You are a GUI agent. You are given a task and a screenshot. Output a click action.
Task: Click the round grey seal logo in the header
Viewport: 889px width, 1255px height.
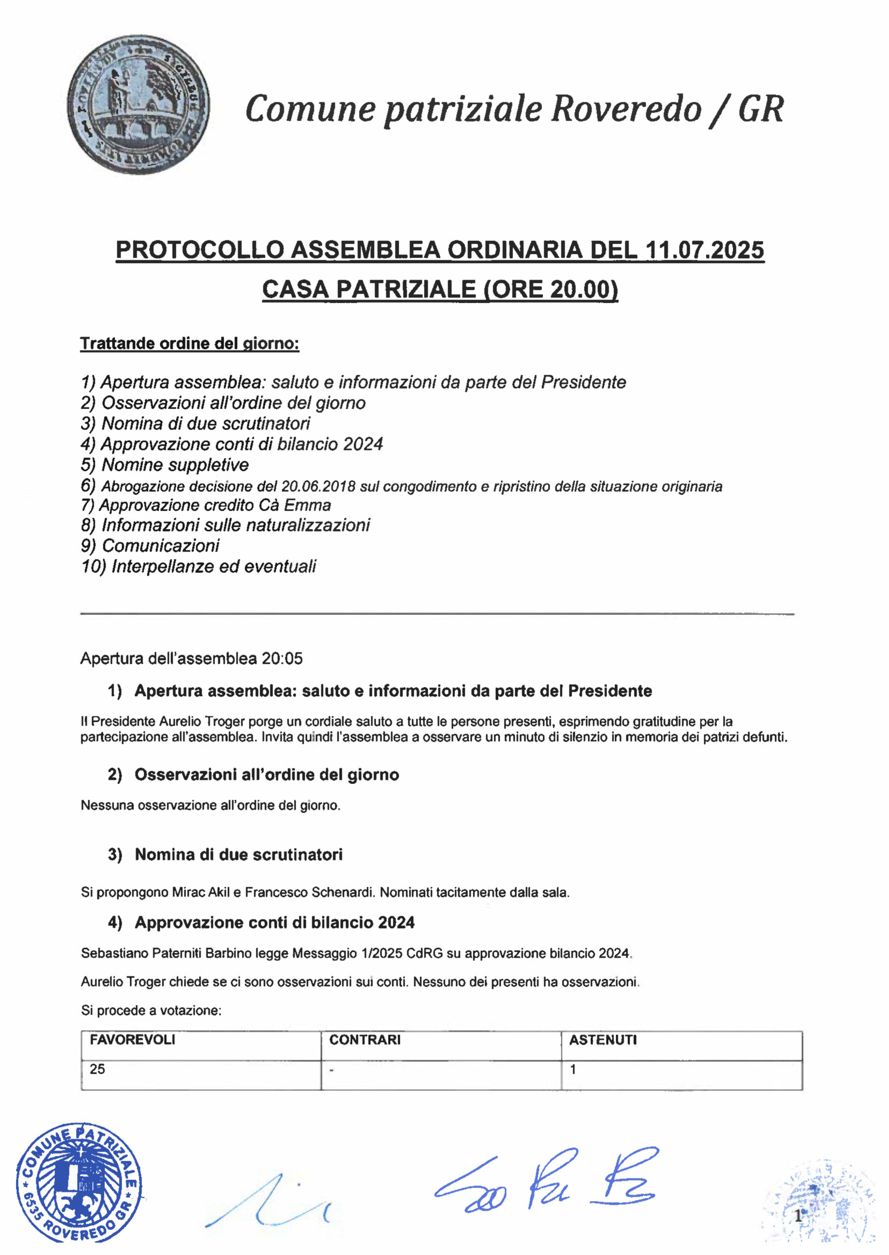point(138,105)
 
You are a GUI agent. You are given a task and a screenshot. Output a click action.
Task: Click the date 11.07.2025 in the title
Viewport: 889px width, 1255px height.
point(705,250)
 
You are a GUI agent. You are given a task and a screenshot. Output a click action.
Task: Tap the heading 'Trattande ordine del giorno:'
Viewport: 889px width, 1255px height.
point(189,344)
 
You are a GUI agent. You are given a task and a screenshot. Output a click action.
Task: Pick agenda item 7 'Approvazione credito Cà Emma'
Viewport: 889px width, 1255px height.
point(206,504)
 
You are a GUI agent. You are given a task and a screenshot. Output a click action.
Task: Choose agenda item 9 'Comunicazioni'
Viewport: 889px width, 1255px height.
point(151,546)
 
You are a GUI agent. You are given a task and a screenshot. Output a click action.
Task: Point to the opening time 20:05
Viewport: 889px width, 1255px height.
point(282,658)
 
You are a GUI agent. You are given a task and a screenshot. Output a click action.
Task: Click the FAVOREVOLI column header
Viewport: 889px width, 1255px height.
point(132,1040)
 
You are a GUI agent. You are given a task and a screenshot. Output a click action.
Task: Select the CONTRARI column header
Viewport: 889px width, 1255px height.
point(365,1040)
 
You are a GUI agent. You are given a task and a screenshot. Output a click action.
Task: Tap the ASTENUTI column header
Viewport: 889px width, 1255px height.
point(603,1040)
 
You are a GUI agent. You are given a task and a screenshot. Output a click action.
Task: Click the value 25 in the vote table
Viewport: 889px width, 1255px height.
point(98,1069)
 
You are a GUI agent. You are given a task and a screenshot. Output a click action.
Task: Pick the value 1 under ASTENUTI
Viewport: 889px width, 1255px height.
point(573,1069)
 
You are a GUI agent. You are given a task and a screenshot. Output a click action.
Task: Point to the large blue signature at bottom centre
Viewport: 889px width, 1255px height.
point(547,1182)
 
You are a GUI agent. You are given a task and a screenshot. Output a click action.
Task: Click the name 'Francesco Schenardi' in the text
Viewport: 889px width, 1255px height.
point(309,893)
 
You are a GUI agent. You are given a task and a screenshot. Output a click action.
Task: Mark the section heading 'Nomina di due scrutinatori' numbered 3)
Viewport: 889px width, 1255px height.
point(239,854)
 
